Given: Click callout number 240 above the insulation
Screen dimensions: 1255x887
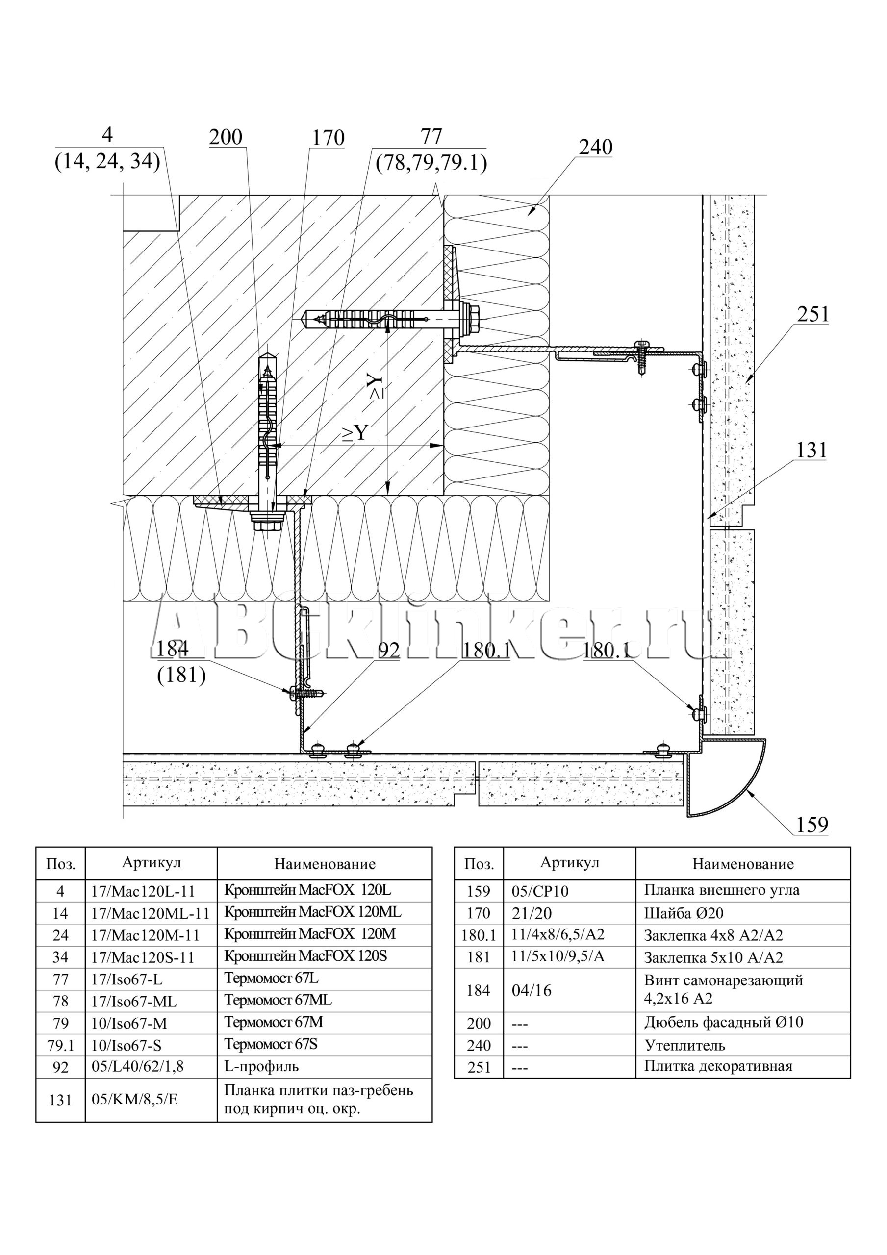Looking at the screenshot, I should tap(596, 147).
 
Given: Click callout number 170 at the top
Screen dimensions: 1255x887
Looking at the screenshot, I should tap(328, 138).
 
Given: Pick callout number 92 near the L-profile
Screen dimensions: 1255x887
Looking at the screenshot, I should tap(388, 650).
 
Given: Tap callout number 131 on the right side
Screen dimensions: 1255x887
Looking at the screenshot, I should tap(811, 450).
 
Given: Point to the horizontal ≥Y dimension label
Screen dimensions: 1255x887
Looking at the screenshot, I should tap(355, 432).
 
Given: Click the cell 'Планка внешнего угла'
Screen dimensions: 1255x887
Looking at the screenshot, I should tap(721, 890).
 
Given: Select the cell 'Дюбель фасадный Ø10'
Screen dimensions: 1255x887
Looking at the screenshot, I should tap(723, 1022).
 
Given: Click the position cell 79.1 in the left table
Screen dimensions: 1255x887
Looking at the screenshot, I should tap(60, 1045).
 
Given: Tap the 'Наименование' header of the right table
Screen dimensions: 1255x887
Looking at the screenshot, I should tap(743, 864).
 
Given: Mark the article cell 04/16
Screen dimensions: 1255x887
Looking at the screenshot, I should tap(532, 990).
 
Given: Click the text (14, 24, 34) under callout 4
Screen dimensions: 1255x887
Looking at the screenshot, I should tap(107, 162).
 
